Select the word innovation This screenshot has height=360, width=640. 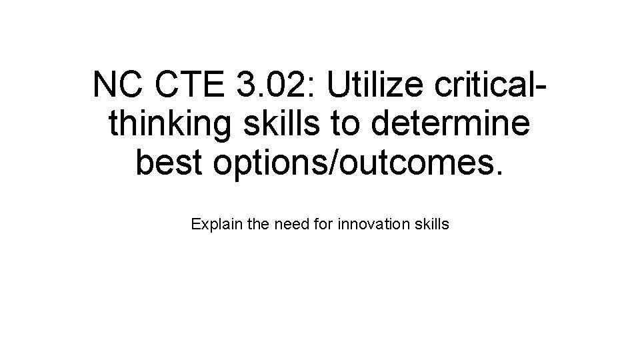pos(376,225)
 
